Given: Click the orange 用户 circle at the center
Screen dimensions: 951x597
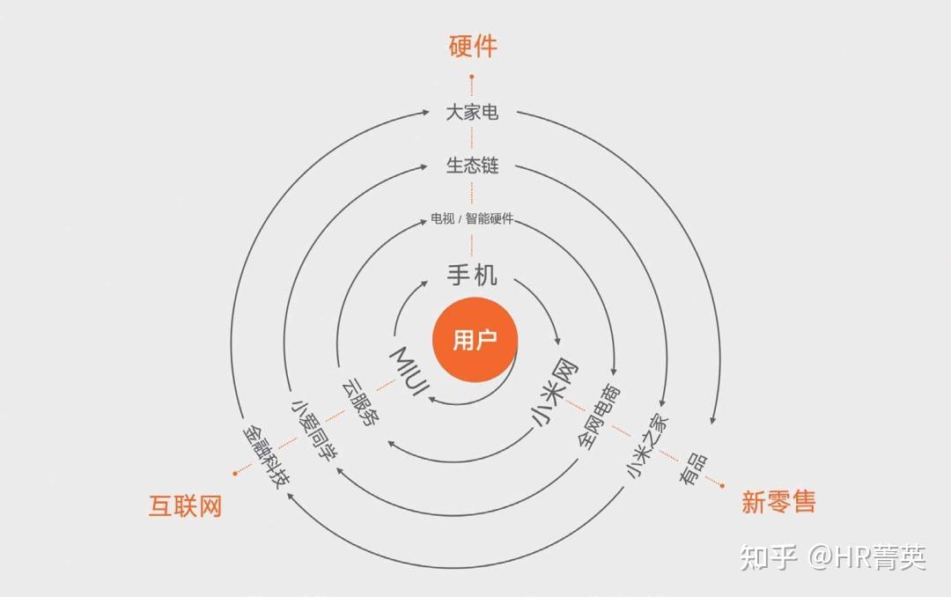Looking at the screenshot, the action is pos(475,341).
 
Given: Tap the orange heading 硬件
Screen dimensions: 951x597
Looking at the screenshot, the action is pos(473,46).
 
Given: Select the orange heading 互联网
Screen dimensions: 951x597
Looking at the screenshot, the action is pos(185,506).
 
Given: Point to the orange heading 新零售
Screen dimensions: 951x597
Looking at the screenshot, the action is pos(778,502).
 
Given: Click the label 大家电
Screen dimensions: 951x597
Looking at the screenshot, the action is pos(472,113).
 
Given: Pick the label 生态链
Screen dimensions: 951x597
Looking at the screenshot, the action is pos(472,166).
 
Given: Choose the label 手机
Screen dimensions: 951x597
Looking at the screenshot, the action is pos(472,276).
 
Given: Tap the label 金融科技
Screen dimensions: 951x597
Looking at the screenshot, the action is pos(267,456).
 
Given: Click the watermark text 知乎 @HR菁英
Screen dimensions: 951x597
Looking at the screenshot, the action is pos(833,557).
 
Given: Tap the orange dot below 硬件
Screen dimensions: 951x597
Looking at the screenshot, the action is pos(472,77).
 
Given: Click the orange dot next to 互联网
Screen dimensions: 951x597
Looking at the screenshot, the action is pos(235,473).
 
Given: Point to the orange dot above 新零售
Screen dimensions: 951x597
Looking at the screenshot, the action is pos(722,483).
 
